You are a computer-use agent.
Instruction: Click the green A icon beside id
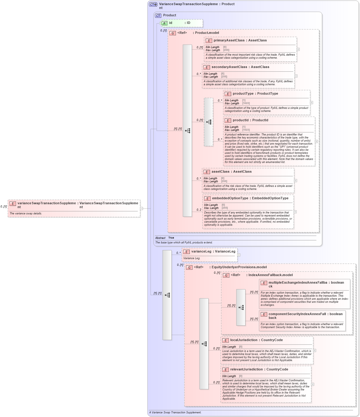[164, 23]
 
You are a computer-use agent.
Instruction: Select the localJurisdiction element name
[243, 340]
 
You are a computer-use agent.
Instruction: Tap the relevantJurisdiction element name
[246, 370]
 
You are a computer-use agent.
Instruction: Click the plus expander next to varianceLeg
[239, 255]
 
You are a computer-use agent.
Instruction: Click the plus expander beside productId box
[316, 141]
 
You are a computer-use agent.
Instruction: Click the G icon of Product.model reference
[173, 33]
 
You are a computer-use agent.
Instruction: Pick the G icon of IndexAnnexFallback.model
[226, 275]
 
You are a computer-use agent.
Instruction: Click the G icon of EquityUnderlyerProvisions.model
[189, 268]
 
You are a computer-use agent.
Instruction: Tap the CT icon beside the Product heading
[158, 16]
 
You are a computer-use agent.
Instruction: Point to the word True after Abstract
[171, 238]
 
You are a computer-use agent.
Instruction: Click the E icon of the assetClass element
[207, 172]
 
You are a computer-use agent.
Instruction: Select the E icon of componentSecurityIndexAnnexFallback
[264, 314]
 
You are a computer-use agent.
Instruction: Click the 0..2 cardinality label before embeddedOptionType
[199, 210]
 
